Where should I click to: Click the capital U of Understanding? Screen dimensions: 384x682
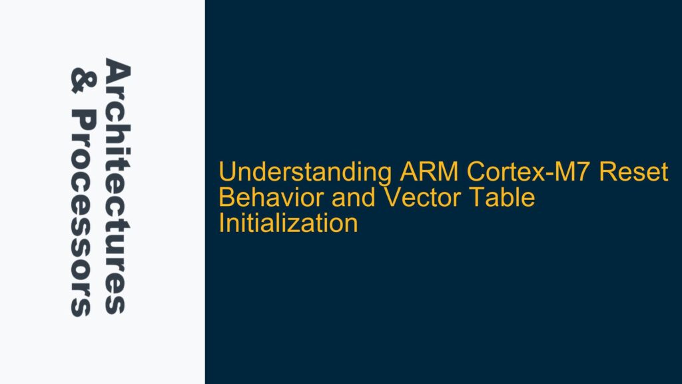coord(227,173)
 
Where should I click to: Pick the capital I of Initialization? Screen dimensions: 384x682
coord(222,223)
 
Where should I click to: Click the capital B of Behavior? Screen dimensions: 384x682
coord(226,198)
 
